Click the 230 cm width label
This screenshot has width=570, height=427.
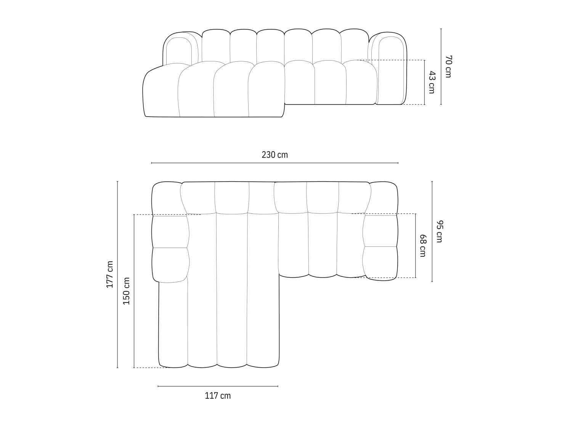(275, 155)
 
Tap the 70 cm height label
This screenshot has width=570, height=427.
(448, 67)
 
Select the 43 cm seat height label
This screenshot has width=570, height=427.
(431, 82)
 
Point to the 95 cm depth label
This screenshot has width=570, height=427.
(439, 232)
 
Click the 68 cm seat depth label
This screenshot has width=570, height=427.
(422, 246)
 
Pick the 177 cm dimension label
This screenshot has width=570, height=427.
(110, 274)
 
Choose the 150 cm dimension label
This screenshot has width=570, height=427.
(127, 291)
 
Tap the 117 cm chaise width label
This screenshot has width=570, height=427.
(218, 396)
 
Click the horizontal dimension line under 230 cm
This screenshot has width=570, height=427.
(275, 163)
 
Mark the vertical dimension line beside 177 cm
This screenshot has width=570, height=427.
(117, 274)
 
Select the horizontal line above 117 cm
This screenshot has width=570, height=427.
(218, 386)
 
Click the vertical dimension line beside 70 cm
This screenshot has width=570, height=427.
(441, 67)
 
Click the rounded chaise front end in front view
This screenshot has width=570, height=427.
(160, 93)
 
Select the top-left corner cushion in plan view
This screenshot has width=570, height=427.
(166, 198)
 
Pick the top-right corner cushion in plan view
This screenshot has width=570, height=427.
(383, 198)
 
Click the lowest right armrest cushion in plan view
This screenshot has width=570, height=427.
(381, 263)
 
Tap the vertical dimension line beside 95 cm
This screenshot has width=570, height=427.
(432, 232)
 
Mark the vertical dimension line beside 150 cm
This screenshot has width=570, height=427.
(134, 291)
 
